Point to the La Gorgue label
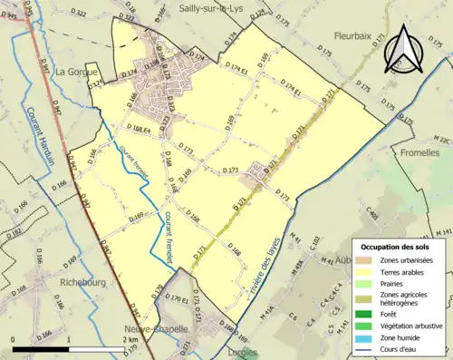[x=75, y=71]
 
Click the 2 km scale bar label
[x=130, y=338]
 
